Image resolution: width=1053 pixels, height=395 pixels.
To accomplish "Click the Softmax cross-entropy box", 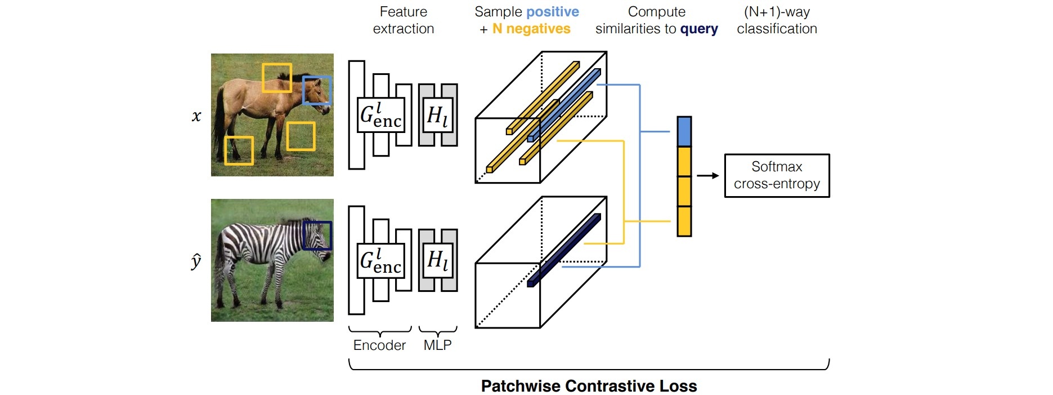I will [x=777, y=175].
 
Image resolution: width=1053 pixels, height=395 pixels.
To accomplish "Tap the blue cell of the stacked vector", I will [x=684, y=132].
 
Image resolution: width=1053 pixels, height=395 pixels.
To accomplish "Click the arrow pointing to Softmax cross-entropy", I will [x=708, y=176].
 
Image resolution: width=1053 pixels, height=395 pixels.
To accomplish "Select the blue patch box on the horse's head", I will [x=317, y=91].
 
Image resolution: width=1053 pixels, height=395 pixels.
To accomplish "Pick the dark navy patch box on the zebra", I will [x=317, y=236].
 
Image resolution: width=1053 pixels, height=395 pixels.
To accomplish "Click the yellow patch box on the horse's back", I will [x=277, y=78].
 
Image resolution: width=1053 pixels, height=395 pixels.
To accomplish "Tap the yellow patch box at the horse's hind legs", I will [x=239, y=150].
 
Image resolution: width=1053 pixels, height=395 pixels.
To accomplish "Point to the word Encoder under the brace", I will [x=379, y=345].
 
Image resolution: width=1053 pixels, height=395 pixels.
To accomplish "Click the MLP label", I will [x=437, y=345].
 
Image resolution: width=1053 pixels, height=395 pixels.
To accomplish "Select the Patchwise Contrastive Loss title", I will [x=589, y=386].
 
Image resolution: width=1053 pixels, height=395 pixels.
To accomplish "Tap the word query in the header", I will [x=699, y=29].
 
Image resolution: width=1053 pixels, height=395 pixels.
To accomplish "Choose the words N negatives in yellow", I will [x=531, y=29].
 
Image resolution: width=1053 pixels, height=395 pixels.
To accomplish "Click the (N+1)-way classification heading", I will [x=777, y=20].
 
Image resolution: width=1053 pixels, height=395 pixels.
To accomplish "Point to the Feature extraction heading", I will [x=404, y=20].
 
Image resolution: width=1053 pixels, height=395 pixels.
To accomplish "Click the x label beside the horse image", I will [x=196, y=116].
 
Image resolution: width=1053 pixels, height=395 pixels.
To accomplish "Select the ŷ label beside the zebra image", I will [x=196, y=261].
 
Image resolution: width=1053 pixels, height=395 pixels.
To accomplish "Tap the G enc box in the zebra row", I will [x=381, y=261].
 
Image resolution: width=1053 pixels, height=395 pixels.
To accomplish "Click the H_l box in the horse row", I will [x=438, y=115].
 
